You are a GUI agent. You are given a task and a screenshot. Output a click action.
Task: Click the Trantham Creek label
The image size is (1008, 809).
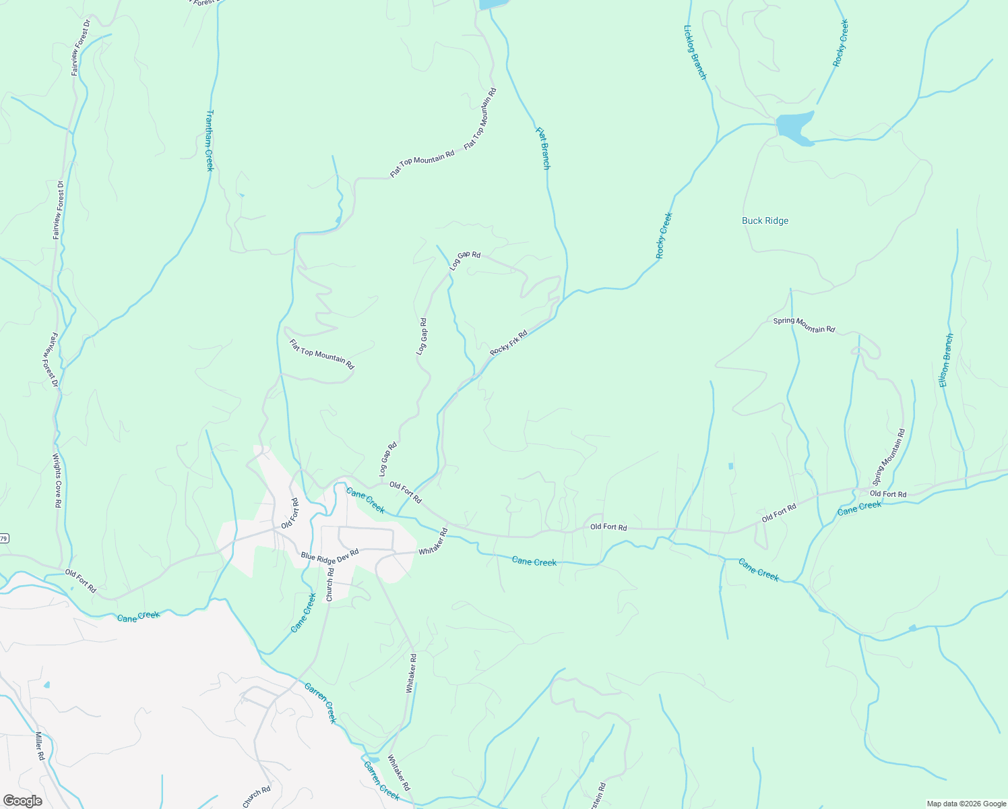[x=210, y=140]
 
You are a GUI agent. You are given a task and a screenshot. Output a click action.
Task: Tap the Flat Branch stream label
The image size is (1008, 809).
[x=543, y=148]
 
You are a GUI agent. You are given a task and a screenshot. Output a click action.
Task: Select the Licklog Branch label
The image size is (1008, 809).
[x=695, y=53]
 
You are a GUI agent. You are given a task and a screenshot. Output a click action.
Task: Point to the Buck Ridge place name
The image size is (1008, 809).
[x=765, y=220]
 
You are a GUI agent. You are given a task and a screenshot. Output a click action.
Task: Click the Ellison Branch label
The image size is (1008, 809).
[x=947, y=360]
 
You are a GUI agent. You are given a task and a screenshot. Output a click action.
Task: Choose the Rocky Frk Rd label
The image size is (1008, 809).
[x=508, y=343]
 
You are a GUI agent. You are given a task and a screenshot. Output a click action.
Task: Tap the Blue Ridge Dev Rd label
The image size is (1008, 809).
[x=329, y=555]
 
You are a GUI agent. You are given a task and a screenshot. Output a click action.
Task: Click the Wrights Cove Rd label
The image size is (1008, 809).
[x=58, y=480]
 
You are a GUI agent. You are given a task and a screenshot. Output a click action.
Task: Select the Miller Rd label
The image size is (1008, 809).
[x=40, y=746]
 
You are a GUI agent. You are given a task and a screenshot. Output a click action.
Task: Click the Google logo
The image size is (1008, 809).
[x=22, y=801]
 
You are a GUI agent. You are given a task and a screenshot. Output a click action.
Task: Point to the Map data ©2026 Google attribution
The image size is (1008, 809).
[x=966, y=804]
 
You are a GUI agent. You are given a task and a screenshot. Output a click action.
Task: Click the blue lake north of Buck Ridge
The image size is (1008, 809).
[x=794, y=127]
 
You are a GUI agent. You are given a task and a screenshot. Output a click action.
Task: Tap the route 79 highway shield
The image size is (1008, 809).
[x=4, y=538]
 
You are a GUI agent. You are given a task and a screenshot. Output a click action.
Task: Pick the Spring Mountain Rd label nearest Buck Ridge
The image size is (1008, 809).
[x=804, y=325]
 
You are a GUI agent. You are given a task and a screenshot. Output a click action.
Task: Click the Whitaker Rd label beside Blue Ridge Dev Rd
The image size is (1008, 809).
[x=433, y=542]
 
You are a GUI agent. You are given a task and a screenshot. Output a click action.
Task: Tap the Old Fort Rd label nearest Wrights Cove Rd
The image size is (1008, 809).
[x=81, y=581]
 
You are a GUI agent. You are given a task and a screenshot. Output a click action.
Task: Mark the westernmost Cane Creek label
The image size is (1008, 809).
[x=138, y=616]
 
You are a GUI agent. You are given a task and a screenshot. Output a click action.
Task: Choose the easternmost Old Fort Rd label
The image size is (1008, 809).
[x=888, y=494]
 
